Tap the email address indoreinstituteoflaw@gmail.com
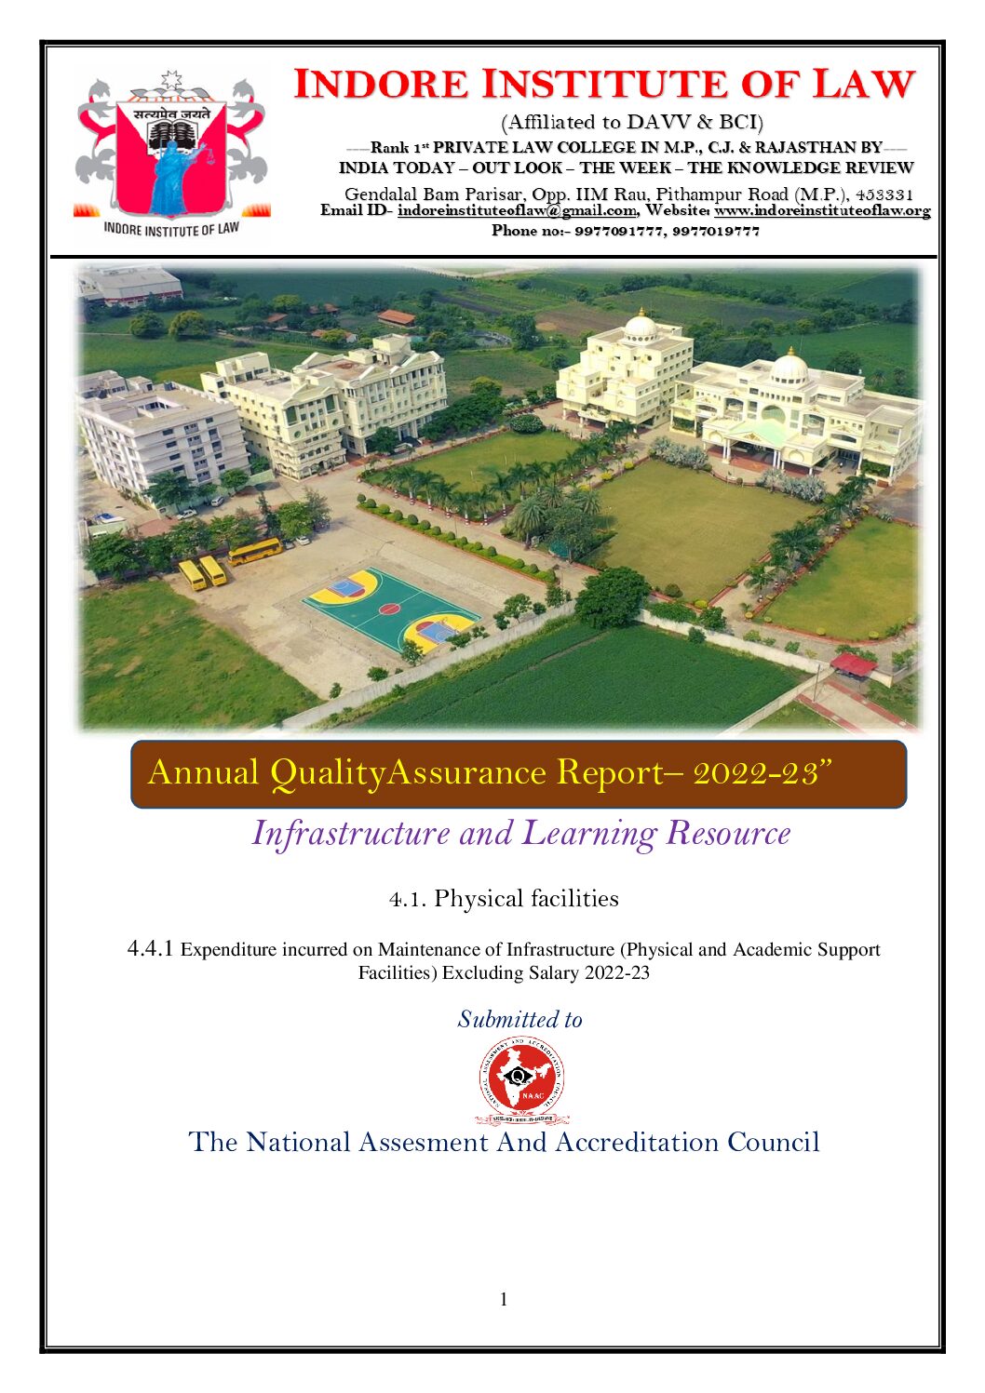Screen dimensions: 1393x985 pyautogui.click(x=517, y=211)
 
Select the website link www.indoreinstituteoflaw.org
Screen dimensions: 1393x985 pyautogui.click(x=822, y=211)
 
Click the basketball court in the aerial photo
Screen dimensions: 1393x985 pyautogui.click(x=390, y=610)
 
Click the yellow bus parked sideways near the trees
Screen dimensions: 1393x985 pyautogui.click(x=255, y=551)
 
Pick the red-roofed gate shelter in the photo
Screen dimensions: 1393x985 pyautogui.click(x=853, y=664)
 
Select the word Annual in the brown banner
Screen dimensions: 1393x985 pyautogui.click(x=203, y=772)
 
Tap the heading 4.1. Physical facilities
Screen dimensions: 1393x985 pyautogui.click(x=504, y=899)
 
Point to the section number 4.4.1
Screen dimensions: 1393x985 pyautogui.click(x=150, y=949)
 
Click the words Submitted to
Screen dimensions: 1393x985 pyautogui.click(x=519, y=1020)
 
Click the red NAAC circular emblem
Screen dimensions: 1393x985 pyautogui.click(x=520, y=1079)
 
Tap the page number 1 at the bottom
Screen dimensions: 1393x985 pyautogui.click(x=504, y=1300)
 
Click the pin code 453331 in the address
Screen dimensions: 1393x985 pyautogui.click(x=884, y=194)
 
